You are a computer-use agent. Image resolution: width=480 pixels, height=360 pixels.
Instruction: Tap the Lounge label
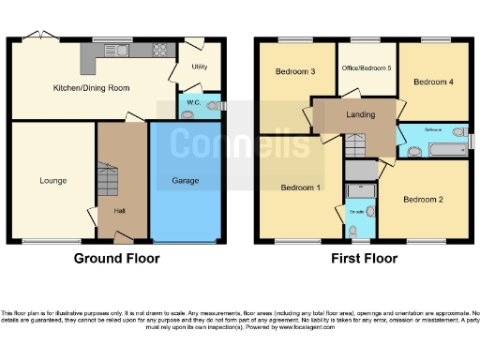point(52,179)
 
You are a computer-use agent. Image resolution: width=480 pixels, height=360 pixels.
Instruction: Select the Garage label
point(185,179)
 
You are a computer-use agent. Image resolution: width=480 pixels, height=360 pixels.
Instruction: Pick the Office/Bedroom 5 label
point(367,68)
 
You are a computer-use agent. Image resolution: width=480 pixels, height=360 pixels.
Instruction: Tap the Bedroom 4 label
point(434,82)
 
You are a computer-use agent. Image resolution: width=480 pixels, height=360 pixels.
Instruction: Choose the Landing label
point(360,115)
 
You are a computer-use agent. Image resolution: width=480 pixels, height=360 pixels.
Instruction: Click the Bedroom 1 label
point(300,187)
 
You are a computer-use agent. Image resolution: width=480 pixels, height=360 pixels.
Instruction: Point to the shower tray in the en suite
point(360,192)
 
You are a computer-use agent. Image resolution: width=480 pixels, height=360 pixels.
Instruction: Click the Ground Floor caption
point(117,258)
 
